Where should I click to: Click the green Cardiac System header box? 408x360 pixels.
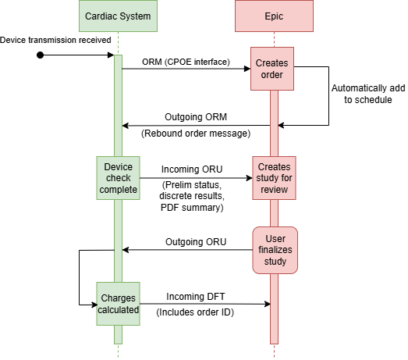[x=118, y=16]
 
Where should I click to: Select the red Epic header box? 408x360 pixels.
[x=274, y=16]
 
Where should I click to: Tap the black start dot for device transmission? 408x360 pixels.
[x=40, y=55]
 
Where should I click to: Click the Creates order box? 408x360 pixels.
[x=272, y=69]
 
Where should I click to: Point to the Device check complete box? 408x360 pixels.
[x=118, y=178]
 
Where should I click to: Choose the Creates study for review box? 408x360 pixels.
[x=274, y=178]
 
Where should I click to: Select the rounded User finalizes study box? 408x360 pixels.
[x=275, y=250]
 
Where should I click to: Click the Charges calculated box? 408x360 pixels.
[x=118, y=304]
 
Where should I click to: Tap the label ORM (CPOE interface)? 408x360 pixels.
[x=186, y=62]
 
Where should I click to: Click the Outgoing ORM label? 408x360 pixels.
[x=196, y=116]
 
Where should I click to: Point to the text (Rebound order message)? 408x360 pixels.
[x=196, y=134]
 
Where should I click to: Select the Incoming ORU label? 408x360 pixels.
[x=192, y=169]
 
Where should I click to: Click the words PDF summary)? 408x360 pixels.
[x=192, y=208]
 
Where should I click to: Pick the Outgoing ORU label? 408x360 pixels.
[x=196, y=242]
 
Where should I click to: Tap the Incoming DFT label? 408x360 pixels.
[x=195, y=297]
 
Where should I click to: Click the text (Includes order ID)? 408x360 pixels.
[x=195, y=312]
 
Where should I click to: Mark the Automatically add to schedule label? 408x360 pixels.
[x=368, y=94]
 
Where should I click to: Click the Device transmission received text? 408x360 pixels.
[x=55, y=40]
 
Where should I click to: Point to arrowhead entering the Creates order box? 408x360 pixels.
[x=247, y=69]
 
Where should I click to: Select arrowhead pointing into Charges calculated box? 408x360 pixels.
[x=94, y=305]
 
